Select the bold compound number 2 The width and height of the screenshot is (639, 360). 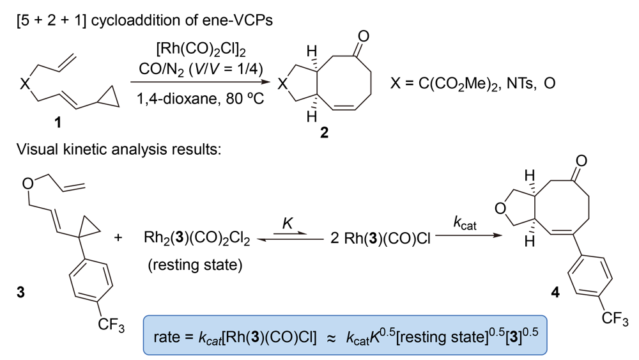pos(324,134)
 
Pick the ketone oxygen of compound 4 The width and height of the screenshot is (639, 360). pos(580,155)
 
